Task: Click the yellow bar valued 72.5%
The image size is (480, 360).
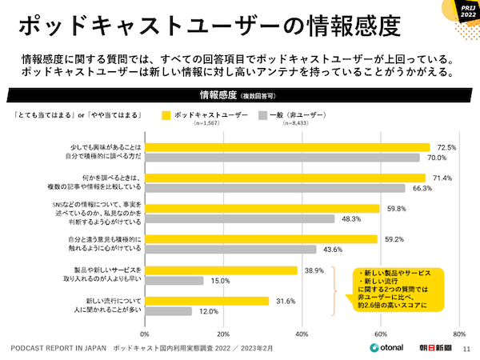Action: click(x=286, y=147)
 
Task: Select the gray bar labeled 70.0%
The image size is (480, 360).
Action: click(x=282, y=158)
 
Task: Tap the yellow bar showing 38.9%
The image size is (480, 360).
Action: click(x=221, y=270)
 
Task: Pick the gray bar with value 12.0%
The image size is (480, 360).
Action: click(x=168, y=310)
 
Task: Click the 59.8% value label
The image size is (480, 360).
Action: click(x=396, y=209)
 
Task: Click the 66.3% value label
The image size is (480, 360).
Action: click(x=422, y=189)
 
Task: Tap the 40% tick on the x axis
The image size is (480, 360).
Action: click(x=302, y=334)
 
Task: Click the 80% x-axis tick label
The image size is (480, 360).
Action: click(x=458, y=334)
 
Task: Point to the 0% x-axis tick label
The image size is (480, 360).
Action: click(x=145, y=334)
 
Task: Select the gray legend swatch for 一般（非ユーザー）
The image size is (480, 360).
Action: click(x=262, y=114)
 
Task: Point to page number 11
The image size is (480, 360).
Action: click(x=468, y=349)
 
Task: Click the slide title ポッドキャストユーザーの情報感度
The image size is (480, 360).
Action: click(x=208, y=26)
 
